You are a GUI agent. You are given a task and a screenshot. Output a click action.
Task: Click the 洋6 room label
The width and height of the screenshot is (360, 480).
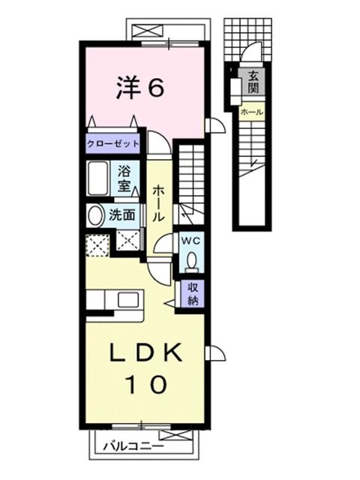coord(139,88)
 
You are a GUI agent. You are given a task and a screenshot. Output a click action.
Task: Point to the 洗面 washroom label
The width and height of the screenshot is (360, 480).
coord(122,214)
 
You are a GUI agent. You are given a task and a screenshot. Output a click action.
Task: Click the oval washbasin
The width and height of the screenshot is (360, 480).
coord(95,216)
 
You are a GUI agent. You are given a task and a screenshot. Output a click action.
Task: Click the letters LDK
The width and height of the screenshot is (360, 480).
coord(145,352)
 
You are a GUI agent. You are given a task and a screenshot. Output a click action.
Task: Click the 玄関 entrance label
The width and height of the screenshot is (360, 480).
coord(253,80)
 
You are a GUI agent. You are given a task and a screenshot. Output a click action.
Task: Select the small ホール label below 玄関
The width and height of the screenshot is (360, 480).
coord(251,112)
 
